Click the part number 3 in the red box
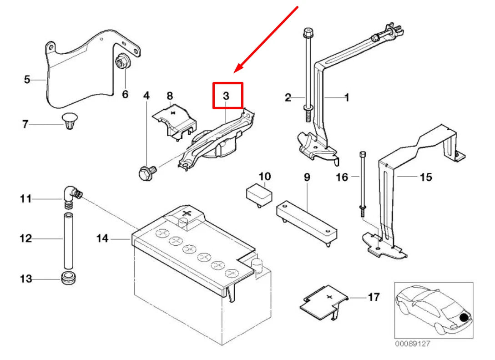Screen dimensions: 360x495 coord(227,96)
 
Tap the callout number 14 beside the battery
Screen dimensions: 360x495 coord(102,238)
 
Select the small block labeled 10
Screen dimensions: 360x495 coord(258,195)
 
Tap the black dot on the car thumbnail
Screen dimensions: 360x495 coord(465,318)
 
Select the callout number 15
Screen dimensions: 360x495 coord(425,177)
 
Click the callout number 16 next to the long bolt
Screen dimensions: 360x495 coord(342,177)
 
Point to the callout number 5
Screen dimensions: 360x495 coord(27,80)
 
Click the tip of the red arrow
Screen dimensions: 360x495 coord(235,72)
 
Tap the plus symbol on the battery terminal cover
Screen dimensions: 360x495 coord(185,213)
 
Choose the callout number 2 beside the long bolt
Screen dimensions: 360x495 coord(288,97)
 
